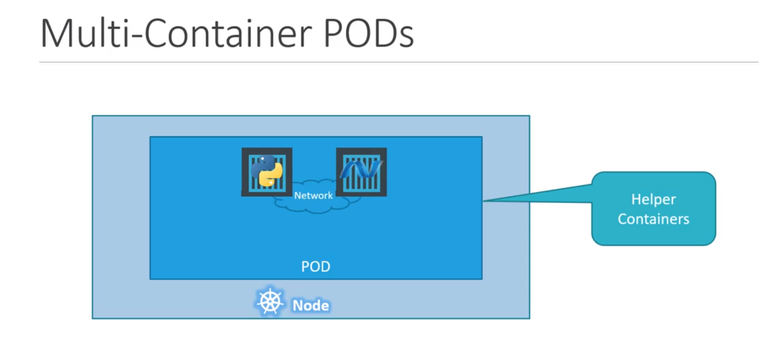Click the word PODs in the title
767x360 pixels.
[x=368, y=33]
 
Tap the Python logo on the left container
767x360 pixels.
[x=267, y=171]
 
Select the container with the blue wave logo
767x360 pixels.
[x=361, y=171]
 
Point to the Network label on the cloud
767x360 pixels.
[x=313, y=196]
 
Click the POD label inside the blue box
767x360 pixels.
[x=315, y=266]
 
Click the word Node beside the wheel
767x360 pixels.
[x=311, y=306]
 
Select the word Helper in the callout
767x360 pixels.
[x=653, y=199]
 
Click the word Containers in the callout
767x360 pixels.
[x=653, y=219]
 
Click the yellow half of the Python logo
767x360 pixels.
[x=272, y=177]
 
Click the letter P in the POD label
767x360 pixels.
[x=305, y=266]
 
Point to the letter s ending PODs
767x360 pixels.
[x=406, y=37]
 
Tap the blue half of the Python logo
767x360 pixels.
[x=261, y=165]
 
